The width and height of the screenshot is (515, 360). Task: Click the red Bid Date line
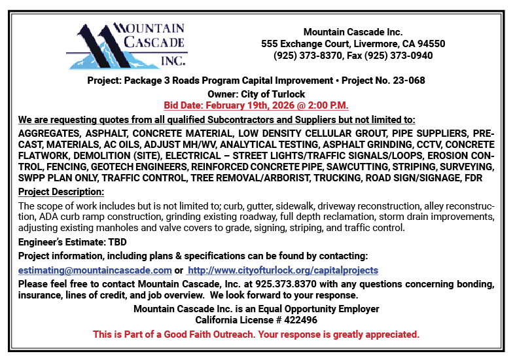[x=256, y=105]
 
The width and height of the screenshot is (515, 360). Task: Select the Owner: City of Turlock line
[x=256, y=94]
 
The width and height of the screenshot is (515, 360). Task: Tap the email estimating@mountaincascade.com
[x=95, y=270]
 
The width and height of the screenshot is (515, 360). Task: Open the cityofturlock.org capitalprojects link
[x=283, y=270]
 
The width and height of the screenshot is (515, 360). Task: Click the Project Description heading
[x=61, y=192]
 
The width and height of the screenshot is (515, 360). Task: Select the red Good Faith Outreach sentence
[x=256, y=334]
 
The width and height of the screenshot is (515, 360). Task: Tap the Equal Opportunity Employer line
[x=256, y=309]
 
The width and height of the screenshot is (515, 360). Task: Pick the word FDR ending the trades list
[x=484, y=177]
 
